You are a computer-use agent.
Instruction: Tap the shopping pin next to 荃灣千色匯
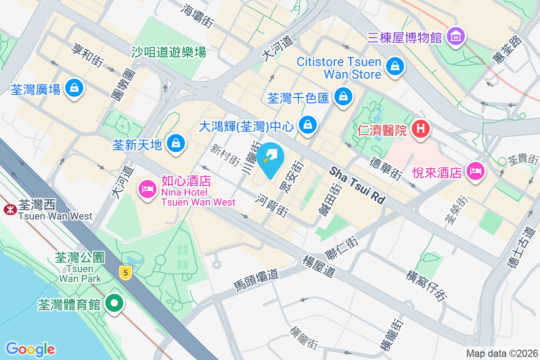[343, 96]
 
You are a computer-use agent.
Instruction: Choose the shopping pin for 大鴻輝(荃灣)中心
[308, 124]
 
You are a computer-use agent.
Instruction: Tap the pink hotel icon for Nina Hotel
[147, 188]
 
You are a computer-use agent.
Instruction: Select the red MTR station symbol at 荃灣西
[9, 209]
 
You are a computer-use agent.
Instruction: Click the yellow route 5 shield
[126, 272]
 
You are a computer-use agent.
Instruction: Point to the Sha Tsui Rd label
[358, 185]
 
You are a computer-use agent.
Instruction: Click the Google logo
[30, 349]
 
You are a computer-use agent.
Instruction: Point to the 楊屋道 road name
[319, 266]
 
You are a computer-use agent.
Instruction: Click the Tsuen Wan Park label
[80, 274]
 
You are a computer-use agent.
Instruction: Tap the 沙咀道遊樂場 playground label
[169, 52]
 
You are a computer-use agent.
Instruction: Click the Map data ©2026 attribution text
[501, 353]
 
